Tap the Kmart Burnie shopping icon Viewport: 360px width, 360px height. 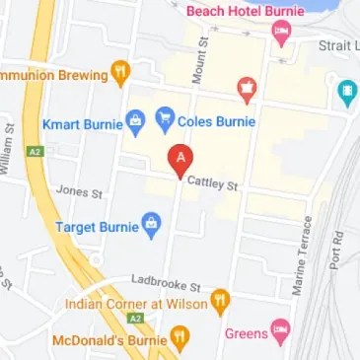[x=135, y=123]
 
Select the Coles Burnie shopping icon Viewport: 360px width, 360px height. [x=166, y=122]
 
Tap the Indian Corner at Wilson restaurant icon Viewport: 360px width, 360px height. [x=221, y=298]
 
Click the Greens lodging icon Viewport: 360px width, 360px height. [x=281, y=332]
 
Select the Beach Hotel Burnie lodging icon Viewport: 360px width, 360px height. [x=281, y=36]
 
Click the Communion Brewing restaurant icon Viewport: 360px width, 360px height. [x=119, y=72]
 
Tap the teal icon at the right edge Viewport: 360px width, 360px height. [x=348, y=95]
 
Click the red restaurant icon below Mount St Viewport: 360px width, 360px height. [x=245, y=91]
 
